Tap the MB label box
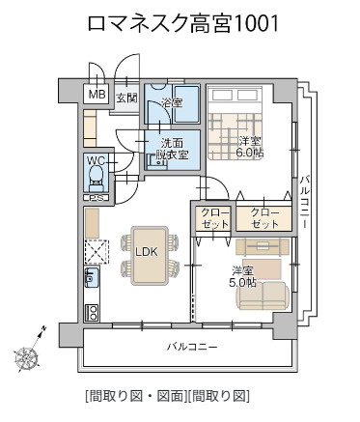(97, 95)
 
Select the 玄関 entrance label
(126, 98)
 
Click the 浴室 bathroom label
(172, 101)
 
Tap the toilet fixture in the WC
(96, 177)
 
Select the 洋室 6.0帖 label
(249, 147)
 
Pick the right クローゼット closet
(264, 217)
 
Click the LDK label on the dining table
(147, 252)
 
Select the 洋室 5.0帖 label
(243, 276)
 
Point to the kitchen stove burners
(93, 312)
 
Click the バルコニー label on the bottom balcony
(191, 346)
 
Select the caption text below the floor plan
(167, 396)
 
